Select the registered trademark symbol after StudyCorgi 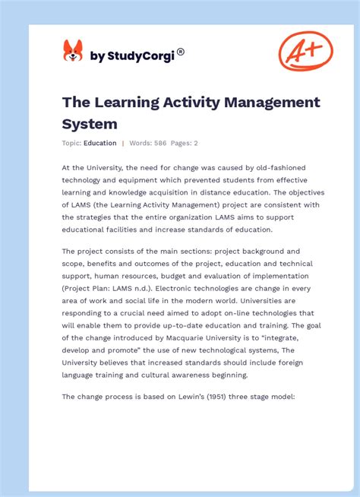click(x=181, y=52)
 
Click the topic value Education click(x=100, y=143)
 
